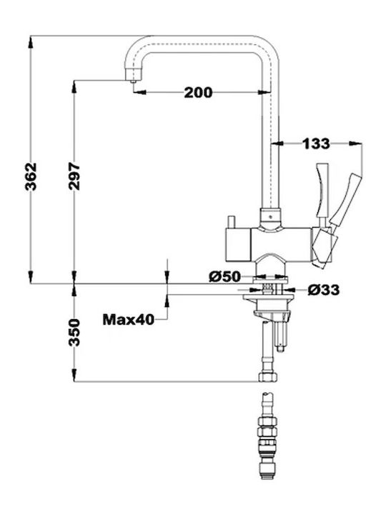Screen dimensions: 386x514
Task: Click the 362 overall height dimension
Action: tap(31, 176)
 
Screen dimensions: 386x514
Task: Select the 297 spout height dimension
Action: tap(74, 176)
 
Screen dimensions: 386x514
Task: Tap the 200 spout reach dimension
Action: tap(198, 93)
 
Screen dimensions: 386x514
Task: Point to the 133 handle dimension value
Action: tap(316, 143)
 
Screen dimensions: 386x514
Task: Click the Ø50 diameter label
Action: tap(225, 277)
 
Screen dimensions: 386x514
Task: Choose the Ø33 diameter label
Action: tap(324, 290)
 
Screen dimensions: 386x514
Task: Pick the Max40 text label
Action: tap(129, 320)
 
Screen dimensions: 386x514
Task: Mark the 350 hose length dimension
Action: tap(74, 333)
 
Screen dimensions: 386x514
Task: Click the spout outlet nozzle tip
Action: tap(133, 81)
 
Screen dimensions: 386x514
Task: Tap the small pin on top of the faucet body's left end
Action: tap(231, 222)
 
